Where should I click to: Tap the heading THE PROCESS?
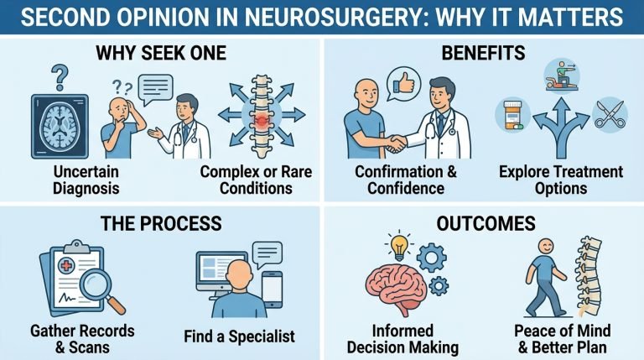[162, 223]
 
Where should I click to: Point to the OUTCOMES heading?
[482, 223]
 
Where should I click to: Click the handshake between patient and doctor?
[395, 141]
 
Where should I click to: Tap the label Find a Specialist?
[240, 337]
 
